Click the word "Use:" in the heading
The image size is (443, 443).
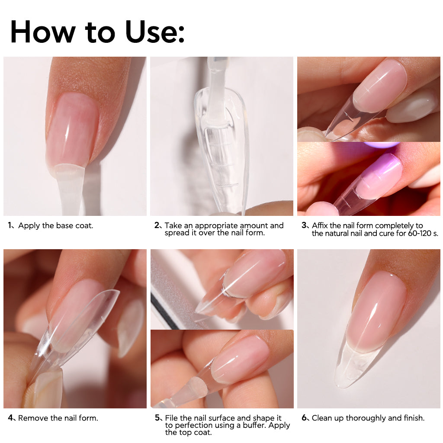point(155,32)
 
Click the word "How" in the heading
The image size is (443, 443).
point(43,32)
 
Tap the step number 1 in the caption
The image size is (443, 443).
point(10,225)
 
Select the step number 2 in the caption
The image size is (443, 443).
point(157,225)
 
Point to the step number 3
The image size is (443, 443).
point(304,225)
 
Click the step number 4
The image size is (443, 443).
point(10,417)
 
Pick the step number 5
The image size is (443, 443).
point(157,417)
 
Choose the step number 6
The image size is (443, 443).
point(304,417)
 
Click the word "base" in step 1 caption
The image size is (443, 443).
point(64,225)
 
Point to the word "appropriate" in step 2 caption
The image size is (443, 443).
point(216,226)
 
